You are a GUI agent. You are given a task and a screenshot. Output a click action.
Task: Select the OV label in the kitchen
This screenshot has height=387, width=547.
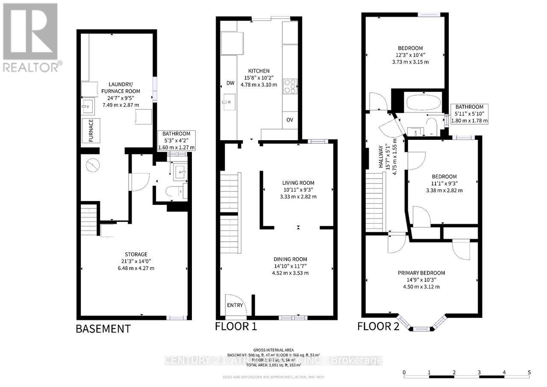289,120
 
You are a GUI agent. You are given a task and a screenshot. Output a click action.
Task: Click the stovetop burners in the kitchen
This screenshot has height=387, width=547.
290,86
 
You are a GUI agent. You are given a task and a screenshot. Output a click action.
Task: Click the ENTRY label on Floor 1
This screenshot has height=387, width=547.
235,305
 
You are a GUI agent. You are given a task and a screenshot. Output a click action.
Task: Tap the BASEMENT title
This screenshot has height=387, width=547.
103,328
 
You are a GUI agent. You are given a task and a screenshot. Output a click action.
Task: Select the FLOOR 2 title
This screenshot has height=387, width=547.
378,327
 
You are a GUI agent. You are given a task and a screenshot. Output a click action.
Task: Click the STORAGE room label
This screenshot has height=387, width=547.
136,254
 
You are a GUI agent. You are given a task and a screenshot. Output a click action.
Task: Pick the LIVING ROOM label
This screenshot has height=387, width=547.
298,183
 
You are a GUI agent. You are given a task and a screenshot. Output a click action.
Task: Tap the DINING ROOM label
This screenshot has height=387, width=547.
290,259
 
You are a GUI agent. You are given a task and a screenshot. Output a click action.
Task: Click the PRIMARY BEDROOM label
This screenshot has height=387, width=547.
421,273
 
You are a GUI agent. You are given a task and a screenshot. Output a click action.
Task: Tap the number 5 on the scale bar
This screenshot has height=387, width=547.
529,372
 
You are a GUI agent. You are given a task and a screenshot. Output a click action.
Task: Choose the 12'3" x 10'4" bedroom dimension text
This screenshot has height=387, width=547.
410,55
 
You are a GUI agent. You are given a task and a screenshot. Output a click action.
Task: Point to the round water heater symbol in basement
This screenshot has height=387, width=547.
92,165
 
